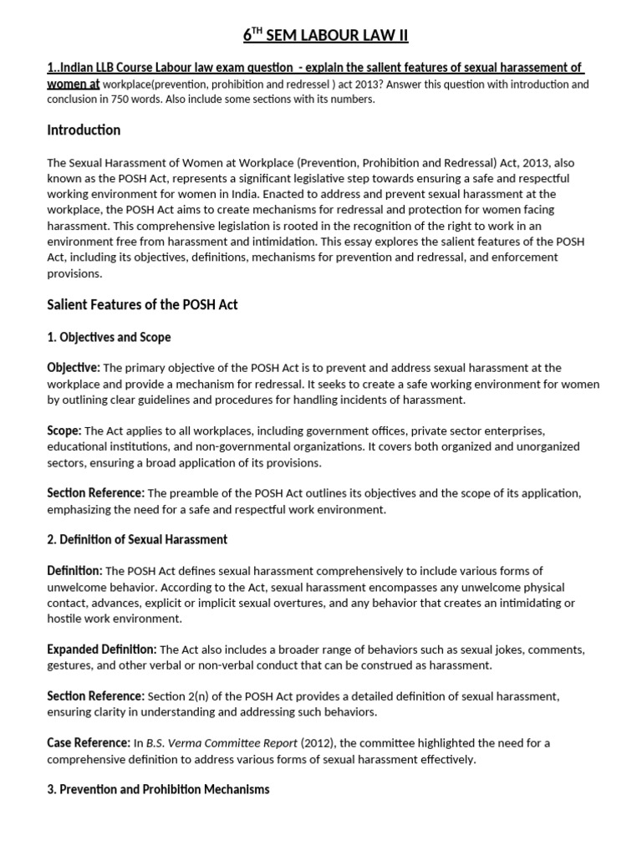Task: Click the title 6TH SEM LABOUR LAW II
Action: tap(326, 34)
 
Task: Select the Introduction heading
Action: tap(84, 130)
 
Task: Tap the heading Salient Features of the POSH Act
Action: tap(142, 304)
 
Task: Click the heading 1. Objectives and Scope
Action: tap(109, 337)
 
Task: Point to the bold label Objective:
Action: tap(74, 368)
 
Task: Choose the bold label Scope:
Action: tap(64, 431)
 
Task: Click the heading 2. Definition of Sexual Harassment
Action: tap(137, 540)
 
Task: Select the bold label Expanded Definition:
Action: tap(101, 650)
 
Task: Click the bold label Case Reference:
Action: tap(88, 742)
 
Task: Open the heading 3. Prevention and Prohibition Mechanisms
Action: tap(158, 789)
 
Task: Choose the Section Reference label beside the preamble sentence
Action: tap(95, 493)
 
